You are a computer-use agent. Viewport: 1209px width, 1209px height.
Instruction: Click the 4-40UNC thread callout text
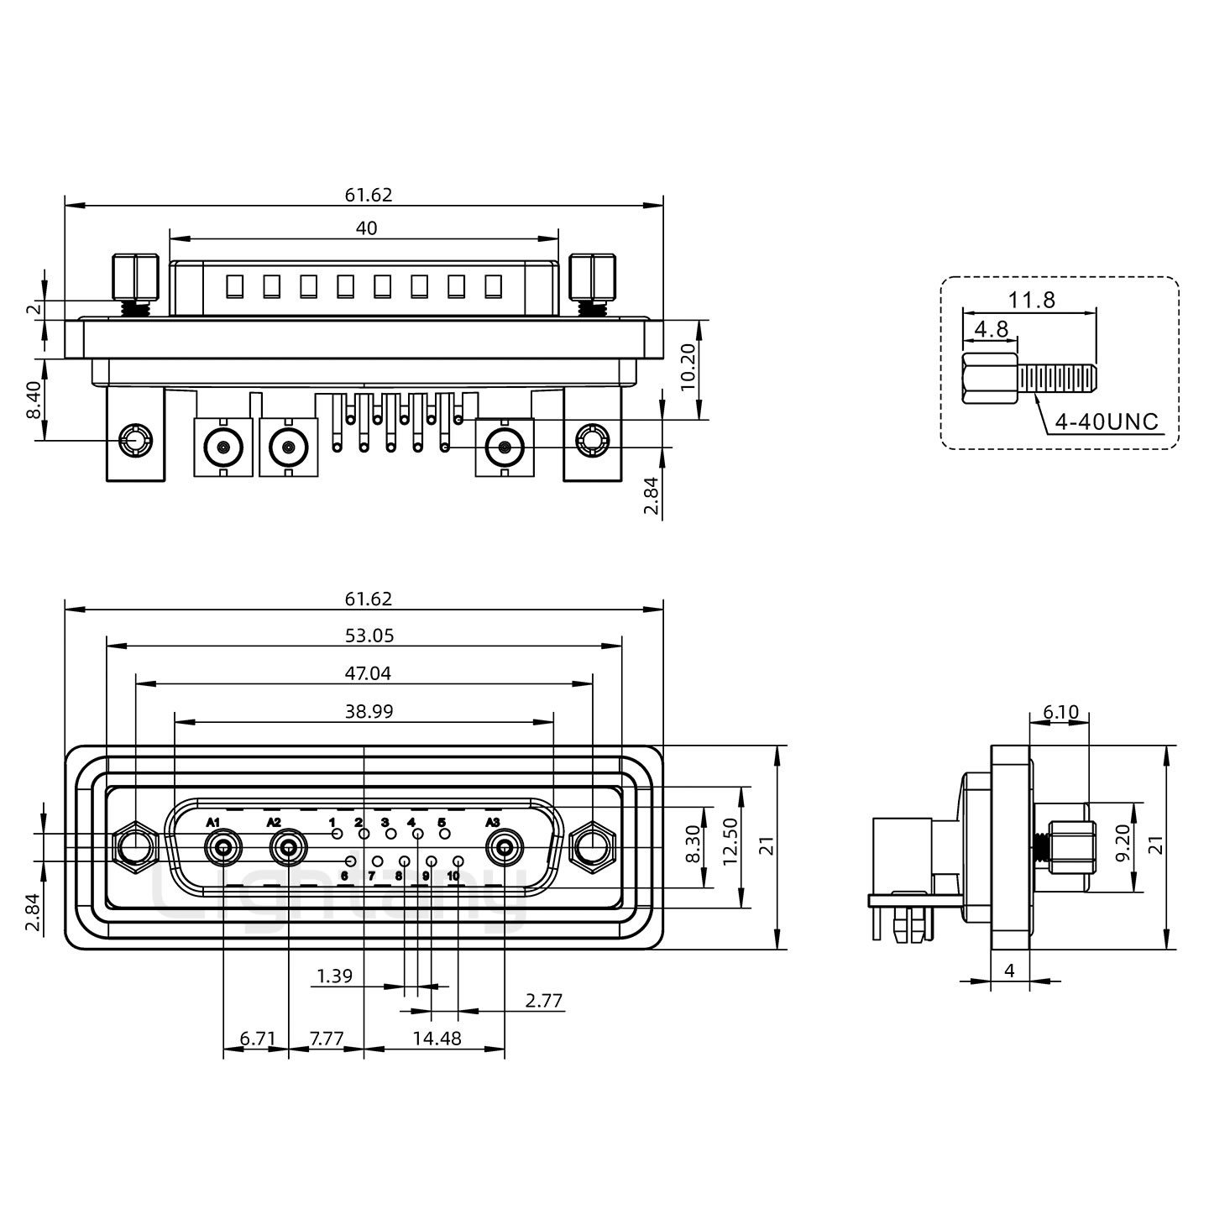tap(1106, 421)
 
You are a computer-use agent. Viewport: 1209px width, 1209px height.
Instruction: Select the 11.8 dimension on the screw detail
tap(1032, 300)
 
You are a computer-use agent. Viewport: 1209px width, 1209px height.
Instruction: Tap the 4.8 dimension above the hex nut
tap(991, 328)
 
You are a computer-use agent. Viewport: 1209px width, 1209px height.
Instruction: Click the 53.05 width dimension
tap(369, 636)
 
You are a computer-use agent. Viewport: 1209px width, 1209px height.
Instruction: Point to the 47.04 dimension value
tap(368, 673)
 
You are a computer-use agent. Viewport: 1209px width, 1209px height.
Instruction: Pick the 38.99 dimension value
tap(369, 712)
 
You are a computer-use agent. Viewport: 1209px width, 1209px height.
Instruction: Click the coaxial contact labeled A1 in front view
tap(223, 849)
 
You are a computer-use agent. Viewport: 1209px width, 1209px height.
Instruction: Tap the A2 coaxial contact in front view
tap(288, 849)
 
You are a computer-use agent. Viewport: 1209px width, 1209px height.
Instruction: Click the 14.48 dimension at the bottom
tap(437, 1039)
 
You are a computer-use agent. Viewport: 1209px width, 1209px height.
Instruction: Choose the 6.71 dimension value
tap(258, 1039)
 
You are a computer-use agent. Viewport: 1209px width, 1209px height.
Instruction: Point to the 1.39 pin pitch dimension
tap(334, 976)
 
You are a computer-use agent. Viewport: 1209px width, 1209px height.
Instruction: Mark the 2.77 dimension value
tap(544, 1001)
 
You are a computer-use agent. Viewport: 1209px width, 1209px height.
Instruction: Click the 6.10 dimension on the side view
tap(1060, 712)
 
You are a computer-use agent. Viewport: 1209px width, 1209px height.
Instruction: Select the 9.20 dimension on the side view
tap(1123, 847)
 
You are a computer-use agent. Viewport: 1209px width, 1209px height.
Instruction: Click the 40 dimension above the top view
tap(367, 228)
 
